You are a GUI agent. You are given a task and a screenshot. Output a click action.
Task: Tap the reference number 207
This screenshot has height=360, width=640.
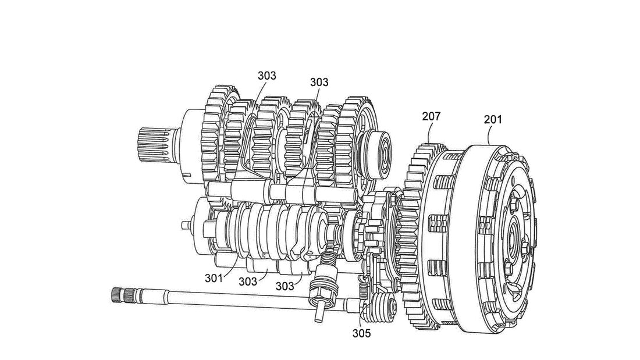click(432, 117)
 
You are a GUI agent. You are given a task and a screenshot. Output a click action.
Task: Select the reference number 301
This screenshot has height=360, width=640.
click(214, 277)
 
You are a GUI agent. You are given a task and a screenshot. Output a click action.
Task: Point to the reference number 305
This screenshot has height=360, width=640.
click(361, 334)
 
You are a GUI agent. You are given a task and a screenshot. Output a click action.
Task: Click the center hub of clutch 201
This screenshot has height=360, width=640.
click(514, 236)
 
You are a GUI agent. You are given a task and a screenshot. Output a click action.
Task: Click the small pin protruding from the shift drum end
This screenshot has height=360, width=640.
click(184, 224)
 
